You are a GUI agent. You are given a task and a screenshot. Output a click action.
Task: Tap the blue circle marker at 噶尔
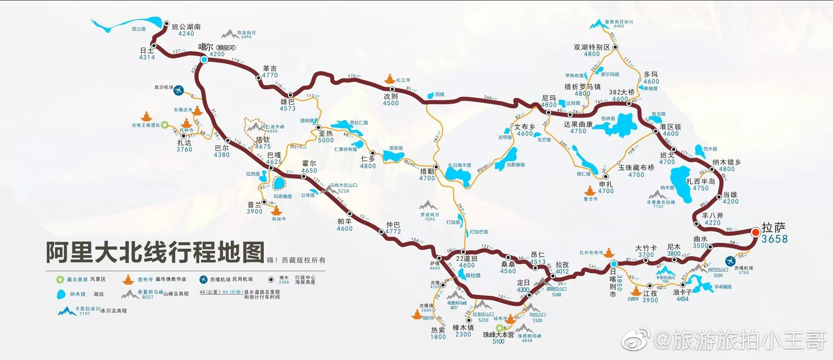click(x=204, y=60)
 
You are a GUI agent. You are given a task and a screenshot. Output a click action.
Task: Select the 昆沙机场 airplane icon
click(x=179, y=89)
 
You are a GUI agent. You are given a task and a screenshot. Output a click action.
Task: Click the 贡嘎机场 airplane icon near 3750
click(x=730, y=261)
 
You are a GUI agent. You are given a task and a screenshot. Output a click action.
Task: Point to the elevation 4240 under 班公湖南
click(x=186, y=34)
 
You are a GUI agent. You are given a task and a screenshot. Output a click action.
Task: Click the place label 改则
click(x=391, y=96)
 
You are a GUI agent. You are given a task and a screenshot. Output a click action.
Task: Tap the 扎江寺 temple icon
click(x=390, y=79)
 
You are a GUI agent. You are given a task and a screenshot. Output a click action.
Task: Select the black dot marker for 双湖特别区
click(x=615, y=47)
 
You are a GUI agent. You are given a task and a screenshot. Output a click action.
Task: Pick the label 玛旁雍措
click(x=283, y=196)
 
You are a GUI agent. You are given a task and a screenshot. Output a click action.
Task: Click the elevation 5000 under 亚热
click(x=325, y=140)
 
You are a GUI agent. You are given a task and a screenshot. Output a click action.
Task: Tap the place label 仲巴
click(x=393, y=225)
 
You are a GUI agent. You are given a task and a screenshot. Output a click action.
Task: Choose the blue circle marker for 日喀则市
click(x=614, y=264)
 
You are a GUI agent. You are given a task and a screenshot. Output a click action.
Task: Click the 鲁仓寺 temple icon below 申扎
click(x=590, y=191)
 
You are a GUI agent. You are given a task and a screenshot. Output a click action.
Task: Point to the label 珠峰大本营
click(x=498, y=335)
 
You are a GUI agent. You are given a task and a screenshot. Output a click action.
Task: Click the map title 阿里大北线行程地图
click(x=155, y=252)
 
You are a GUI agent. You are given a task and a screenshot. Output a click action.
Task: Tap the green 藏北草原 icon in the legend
click(x=60, y=280)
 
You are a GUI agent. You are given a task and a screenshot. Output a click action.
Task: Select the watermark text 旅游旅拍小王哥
click(x=739, y=340)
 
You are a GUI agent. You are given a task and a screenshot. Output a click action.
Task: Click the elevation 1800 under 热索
click(x=438, y=337)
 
